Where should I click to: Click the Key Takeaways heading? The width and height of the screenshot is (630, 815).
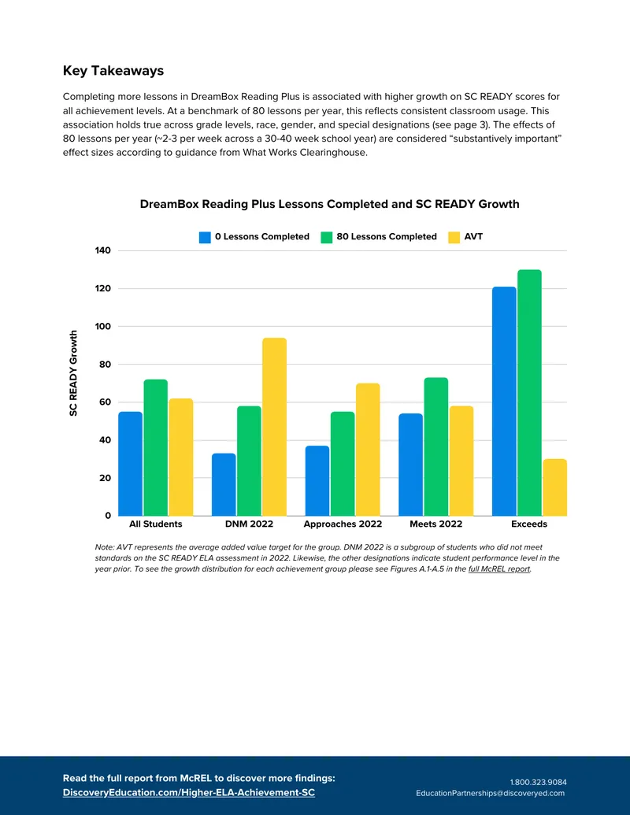coord(113,71)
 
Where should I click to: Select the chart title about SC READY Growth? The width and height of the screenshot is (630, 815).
coord(329,204)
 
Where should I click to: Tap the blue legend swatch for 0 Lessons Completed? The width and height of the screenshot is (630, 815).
coord(205,237)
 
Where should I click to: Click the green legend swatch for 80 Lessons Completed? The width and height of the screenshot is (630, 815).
coord(327,237)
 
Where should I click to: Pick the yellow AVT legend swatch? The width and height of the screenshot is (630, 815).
coord(454,237)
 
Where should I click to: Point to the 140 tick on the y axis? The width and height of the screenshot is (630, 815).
coord(103,250)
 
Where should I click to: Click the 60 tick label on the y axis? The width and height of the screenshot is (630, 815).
coord(105,402)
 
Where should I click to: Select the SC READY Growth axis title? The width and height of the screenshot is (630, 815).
coord(73,373)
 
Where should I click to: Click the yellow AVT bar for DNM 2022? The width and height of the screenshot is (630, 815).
coord(275,427)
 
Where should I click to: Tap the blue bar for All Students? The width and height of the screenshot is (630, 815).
coord(130,464)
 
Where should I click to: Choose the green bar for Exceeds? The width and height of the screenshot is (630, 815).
coord(529,392)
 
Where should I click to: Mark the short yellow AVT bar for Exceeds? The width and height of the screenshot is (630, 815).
coord(554,487)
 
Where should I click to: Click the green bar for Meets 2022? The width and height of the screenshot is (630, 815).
coord(436,446)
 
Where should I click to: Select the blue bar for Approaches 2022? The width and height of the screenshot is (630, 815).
coord(317,481)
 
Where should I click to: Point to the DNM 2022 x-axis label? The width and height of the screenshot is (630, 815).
coord(249,524)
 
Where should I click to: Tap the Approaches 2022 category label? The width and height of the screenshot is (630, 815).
coord(343,524)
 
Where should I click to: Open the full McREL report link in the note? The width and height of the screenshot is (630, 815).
coord(499,569)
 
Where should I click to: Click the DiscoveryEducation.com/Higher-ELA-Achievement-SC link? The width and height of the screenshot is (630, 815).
coord(189,793)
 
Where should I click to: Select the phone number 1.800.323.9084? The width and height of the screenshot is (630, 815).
coord(538,782)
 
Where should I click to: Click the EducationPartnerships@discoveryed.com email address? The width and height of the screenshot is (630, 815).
coord(490,793)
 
